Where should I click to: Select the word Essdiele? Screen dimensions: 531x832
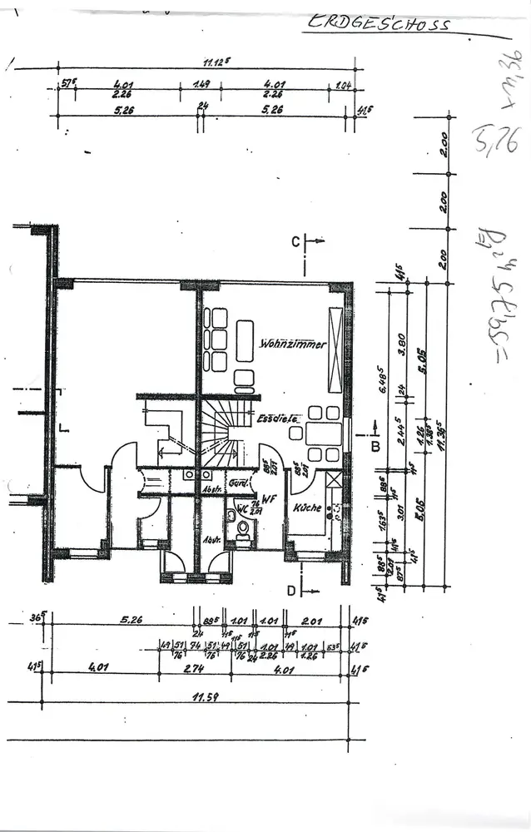[x=277, y=418]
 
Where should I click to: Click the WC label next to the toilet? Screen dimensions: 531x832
[x=241, y=507]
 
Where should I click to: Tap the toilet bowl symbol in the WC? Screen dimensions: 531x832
[x=243, y=527]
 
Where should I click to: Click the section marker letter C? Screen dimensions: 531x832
[x=295, y=241]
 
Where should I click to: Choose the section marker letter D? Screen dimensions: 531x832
[x=291, y=591]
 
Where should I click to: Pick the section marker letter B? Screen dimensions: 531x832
[x=375, y=447]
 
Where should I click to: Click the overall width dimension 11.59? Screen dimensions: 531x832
[x=205, y=697]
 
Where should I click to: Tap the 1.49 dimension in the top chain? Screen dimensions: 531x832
[x=201, y=84]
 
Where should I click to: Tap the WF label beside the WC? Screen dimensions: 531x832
[x=269, y=499]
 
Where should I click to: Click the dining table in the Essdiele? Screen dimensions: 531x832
[x=324, y=433]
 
